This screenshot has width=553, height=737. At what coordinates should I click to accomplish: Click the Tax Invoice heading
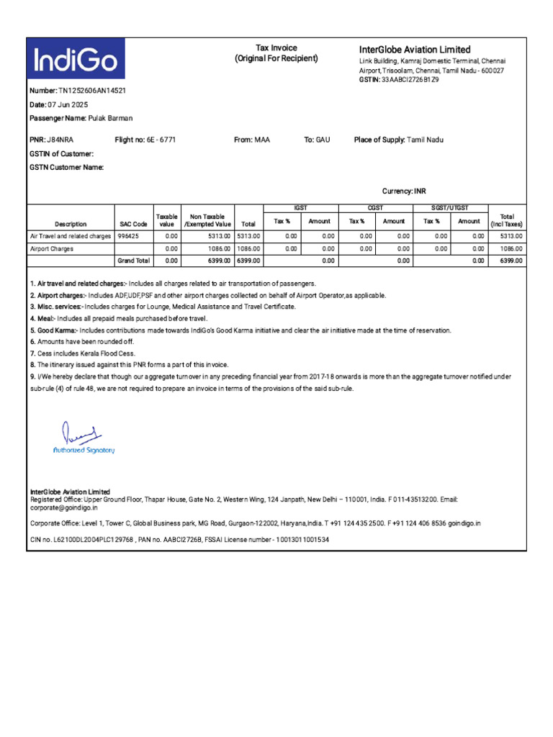pos(276,48)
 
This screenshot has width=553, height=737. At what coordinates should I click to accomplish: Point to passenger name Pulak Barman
pos(110,118)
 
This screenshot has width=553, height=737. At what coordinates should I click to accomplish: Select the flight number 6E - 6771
pos(161,140)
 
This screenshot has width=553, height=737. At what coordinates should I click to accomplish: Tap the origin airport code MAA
pos(262,140)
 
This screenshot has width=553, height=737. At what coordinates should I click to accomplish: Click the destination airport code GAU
pos(323,140)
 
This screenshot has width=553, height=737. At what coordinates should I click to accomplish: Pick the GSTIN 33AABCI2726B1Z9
pos(410,80)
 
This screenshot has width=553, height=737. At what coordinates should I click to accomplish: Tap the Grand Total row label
pos(133,261)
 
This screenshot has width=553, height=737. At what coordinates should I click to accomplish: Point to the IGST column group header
pos(301,207)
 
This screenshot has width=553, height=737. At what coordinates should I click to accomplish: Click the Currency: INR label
pos(403,191)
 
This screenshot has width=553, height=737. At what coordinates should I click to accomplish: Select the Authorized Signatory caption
pos(84,451)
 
